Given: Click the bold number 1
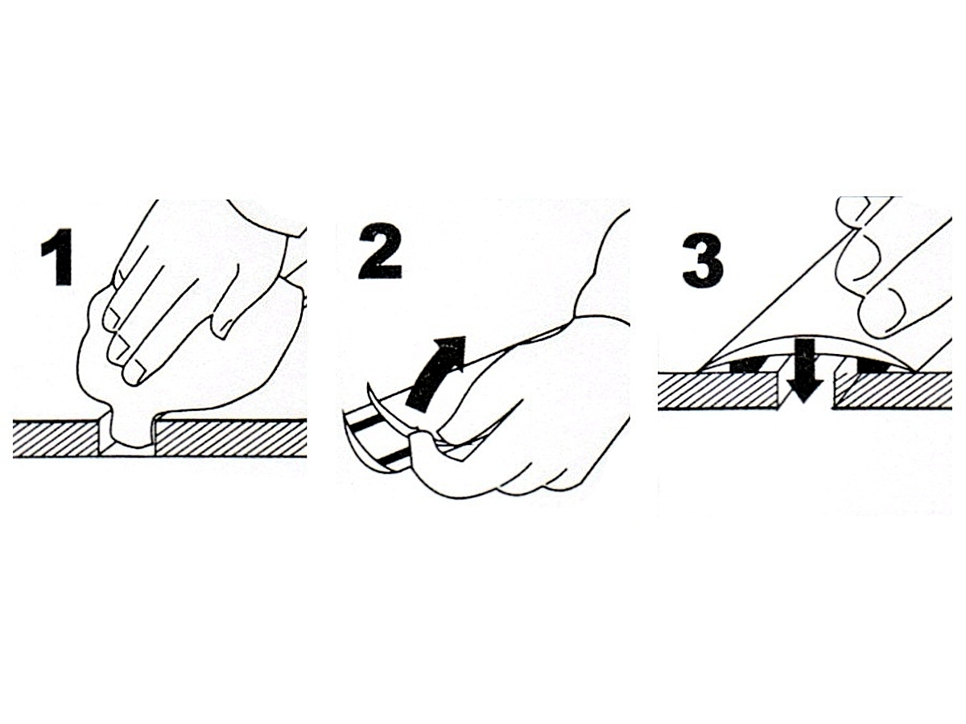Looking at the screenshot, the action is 57,257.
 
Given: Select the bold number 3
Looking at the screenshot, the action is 704,260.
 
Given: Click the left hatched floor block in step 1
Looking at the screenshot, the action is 56,438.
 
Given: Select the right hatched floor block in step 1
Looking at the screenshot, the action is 230,438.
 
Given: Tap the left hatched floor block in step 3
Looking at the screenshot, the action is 720,391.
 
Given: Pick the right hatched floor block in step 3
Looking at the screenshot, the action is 894,390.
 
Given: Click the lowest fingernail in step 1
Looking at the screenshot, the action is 138,372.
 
